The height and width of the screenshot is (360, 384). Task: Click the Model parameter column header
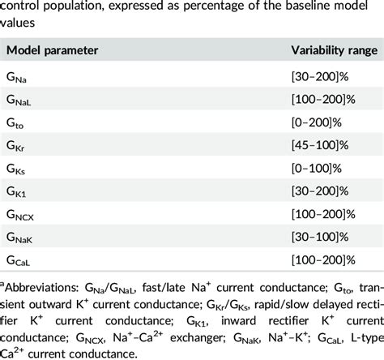(x=53, y=50)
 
